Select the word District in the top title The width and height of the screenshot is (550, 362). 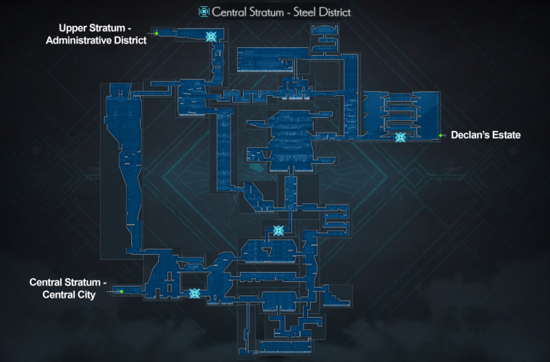(x=334, y=12)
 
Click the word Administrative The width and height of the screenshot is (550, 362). (x=79, y=40)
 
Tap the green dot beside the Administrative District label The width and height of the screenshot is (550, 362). (x=156, y=33)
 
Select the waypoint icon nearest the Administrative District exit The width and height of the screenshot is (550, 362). (x=211, y=36)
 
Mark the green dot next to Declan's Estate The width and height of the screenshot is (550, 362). (x=440, y=135)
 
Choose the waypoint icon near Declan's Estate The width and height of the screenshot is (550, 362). (x=400, y=137)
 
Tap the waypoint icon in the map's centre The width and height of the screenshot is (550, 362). (x=279, y=230)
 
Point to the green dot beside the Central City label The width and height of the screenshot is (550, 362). (x=122, y=291)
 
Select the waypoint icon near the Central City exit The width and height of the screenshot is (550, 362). (x=194, y=293)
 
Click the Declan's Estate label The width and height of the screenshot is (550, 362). (x=485, y=135)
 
